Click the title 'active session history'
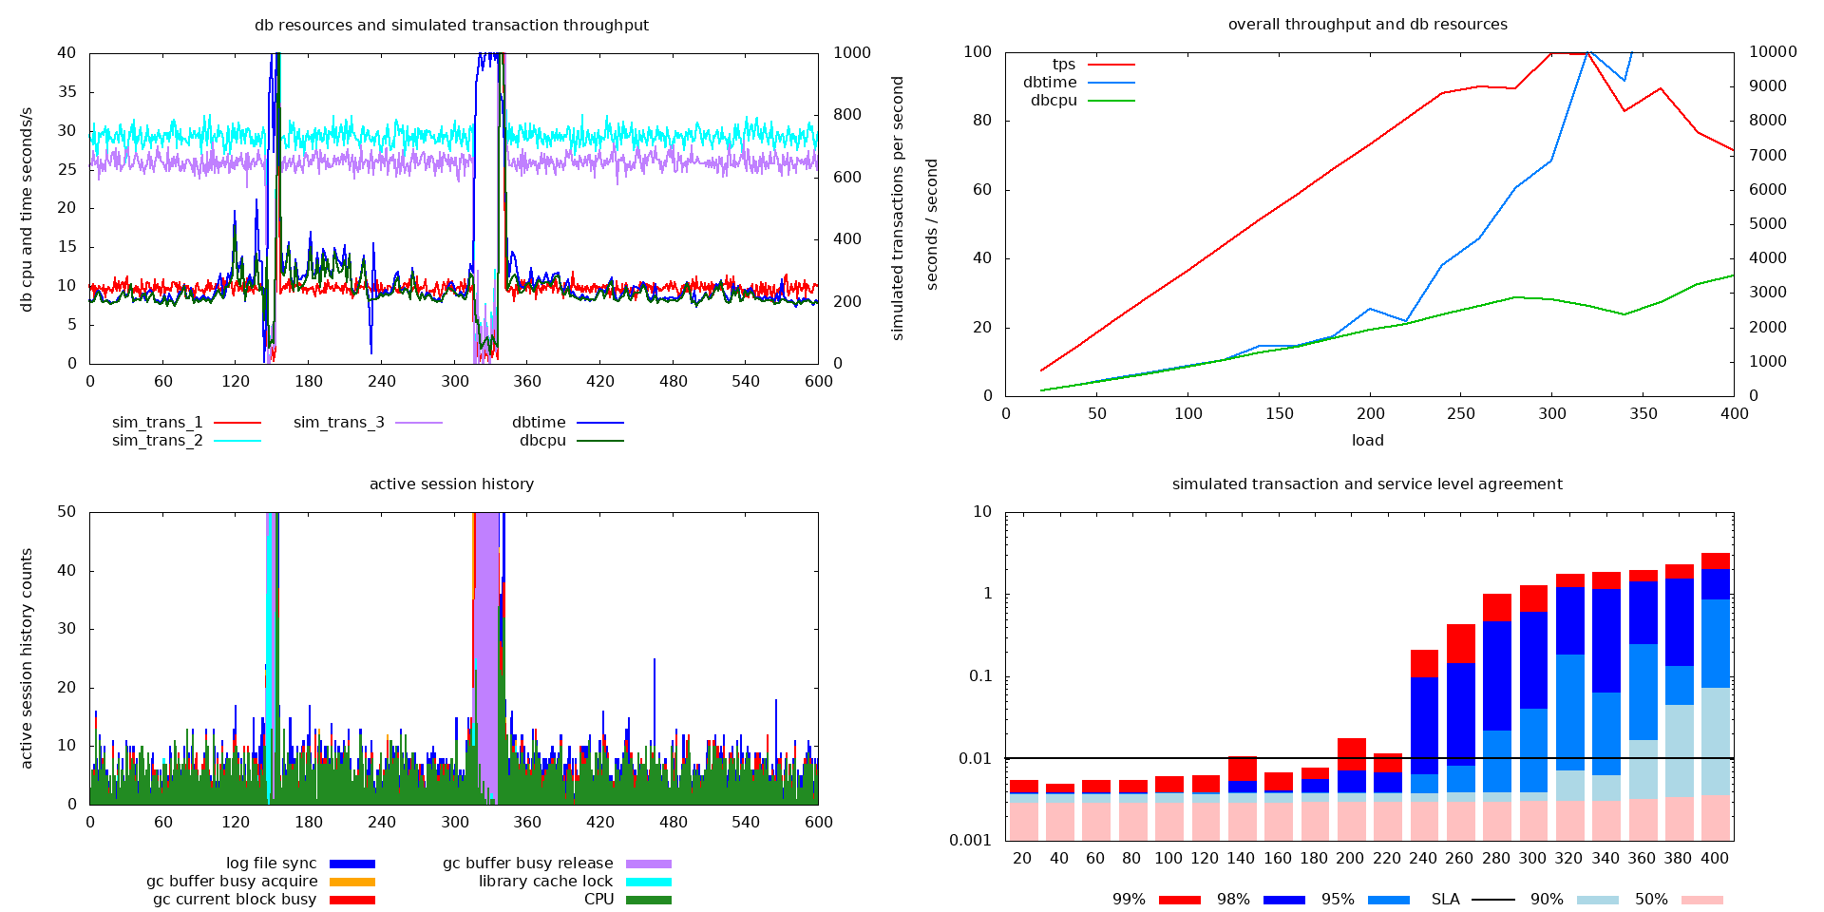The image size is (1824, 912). pyautogui.click(x=451, y=484)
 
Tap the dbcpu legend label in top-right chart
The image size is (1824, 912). pyautogui.click(x=1054, y=100)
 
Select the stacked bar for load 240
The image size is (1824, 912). pyautogui.click(x=1423, y=745)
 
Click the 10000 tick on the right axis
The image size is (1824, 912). pyautogui.click(x=1773, y=52)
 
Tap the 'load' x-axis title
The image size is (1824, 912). pyautogui.click(x=1367, y=441)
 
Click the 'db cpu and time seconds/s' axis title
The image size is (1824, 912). pyautogui.click(x=27, y=209)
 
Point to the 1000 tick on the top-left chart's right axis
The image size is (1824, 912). pyautogui.click(x=851, y=53)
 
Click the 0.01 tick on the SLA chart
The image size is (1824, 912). pyautogui.click(x=975, y=758)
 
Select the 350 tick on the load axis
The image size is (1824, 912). pyautogui.click(x=1643, y=414)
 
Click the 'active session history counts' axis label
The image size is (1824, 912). pyautogui.click(x=27, y=657)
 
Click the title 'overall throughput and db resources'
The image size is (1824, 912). pyautogui.click(x=1367, y=25)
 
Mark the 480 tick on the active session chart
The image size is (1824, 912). pyautogui.click(x=673, y=822)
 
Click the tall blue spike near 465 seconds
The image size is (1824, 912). pyautogui.click(x=655, y=703)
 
